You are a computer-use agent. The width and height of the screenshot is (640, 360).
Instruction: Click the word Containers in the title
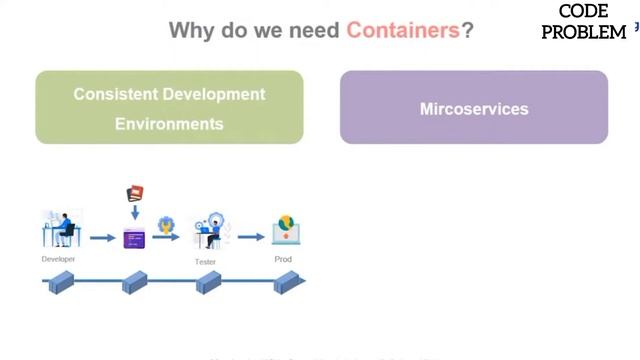pyautogui.click(x=402, y=30)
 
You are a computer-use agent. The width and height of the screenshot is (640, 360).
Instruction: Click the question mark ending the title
pyautogui.click(x=467, y=30)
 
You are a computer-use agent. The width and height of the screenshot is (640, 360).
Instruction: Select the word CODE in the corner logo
pyautogui.click(x=584, y=12)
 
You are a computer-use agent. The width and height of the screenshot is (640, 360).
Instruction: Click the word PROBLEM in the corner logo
pyautogui.click(x=584, y=32)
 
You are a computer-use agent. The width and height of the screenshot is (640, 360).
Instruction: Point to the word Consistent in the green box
pyautogui.click(x=118, y=94)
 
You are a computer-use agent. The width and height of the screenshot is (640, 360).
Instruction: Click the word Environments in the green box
pyautogui.click(x=169, y=124)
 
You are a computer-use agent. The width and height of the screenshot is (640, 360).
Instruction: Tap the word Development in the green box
pyautogui.click(x=216, y=94)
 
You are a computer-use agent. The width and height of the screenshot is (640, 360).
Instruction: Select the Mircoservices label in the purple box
pyautogui.click(x=474, y=108)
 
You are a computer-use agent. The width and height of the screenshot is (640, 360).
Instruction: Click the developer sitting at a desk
pyautogui.click(x=59, y=230)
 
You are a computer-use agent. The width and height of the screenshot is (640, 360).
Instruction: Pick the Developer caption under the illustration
pyautogui.click(x=58, y=259)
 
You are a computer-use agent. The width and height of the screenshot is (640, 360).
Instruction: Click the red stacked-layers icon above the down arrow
pyautogui.click(x=134, y=193)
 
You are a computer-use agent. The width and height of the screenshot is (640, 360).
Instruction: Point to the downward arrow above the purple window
pyautogui.click(x=134, y=213)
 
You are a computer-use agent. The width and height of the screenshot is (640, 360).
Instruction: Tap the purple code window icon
pyautogui.click(x=134, y=238)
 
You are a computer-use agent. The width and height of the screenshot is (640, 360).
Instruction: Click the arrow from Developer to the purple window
pyautogui.click(x=102, y=238)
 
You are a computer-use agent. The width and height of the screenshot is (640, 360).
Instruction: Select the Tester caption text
pyautogui.click(x=205, y=262)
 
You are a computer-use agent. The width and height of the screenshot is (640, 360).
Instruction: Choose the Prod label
pyautogui.click(x=283, y=259)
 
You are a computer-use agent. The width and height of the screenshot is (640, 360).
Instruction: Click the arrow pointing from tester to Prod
pyautogui.click(x=251, y=237)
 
